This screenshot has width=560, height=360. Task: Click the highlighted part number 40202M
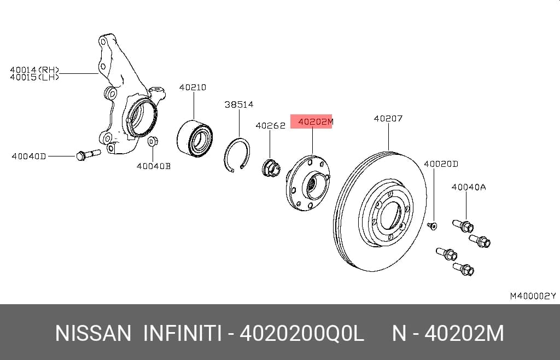coord(316,122)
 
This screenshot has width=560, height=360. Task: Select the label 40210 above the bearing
coord(192,87)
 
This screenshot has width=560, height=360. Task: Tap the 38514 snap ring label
coord(239,104)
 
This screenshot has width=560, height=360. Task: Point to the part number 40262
coord(270,126)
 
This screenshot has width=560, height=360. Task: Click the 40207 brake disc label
coord(388,118)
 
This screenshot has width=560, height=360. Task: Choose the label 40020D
coord(441,164)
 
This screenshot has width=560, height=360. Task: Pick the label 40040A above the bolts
coord(469,187)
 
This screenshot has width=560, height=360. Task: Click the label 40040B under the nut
coord(154,166)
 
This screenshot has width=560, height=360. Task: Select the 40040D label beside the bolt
coord(28,156)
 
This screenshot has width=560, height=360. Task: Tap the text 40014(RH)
coord(34,69)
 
